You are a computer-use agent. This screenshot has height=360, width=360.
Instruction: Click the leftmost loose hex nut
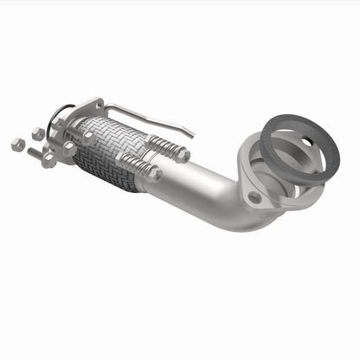tap(17, 145)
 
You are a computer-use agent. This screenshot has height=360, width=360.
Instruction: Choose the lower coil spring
tap(132, 164)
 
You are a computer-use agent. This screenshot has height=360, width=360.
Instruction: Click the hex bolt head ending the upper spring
tap(183, 155)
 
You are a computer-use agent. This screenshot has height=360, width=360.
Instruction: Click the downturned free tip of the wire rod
tap(191, 134)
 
